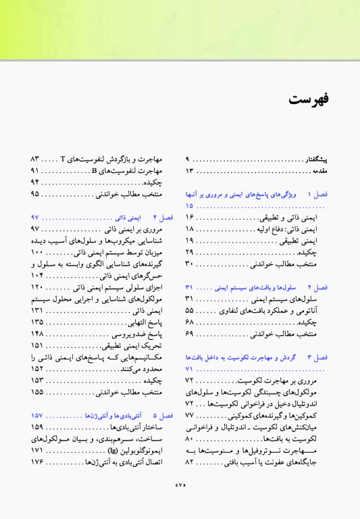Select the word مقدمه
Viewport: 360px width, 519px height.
(319, 171)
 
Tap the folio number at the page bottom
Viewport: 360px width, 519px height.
(180, 503)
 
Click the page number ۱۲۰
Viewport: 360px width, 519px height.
(36, 289)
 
